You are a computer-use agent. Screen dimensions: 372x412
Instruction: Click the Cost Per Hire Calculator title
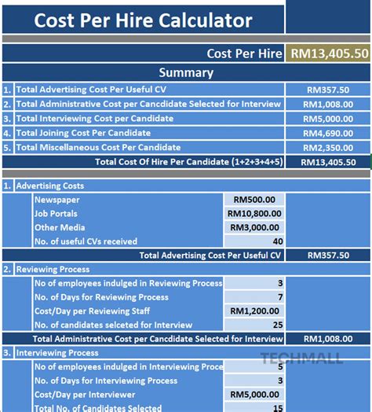[x=143, y=20]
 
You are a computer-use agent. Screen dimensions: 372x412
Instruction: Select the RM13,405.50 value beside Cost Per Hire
[x=329, y=53]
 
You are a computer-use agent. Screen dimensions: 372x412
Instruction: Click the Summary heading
[x=186, y=73]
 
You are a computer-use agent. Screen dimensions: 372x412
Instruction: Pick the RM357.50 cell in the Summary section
[x=328, y=90]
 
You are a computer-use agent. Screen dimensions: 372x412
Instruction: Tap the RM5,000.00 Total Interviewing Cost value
[x=328, y=119]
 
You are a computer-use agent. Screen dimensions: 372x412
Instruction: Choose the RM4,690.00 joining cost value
[x=328, y=133]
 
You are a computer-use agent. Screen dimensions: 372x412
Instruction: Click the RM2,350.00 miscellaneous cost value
[x=328, y=147]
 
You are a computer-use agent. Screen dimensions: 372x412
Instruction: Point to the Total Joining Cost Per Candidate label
[x=83, y=133]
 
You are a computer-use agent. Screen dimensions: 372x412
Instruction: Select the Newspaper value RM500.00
[x=255, y=200]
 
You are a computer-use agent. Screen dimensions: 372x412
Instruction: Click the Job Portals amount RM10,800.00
[x=255, y=213]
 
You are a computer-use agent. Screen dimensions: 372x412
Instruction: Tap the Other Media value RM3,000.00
[x=255, y=227]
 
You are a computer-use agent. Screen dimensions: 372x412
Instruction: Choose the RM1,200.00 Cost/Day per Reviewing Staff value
[x=255, y=311]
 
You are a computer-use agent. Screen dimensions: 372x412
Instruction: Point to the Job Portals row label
[x=57, y=213]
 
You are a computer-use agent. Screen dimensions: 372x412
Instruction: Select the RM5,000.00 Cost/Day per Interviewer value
[x=255, y=394]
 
